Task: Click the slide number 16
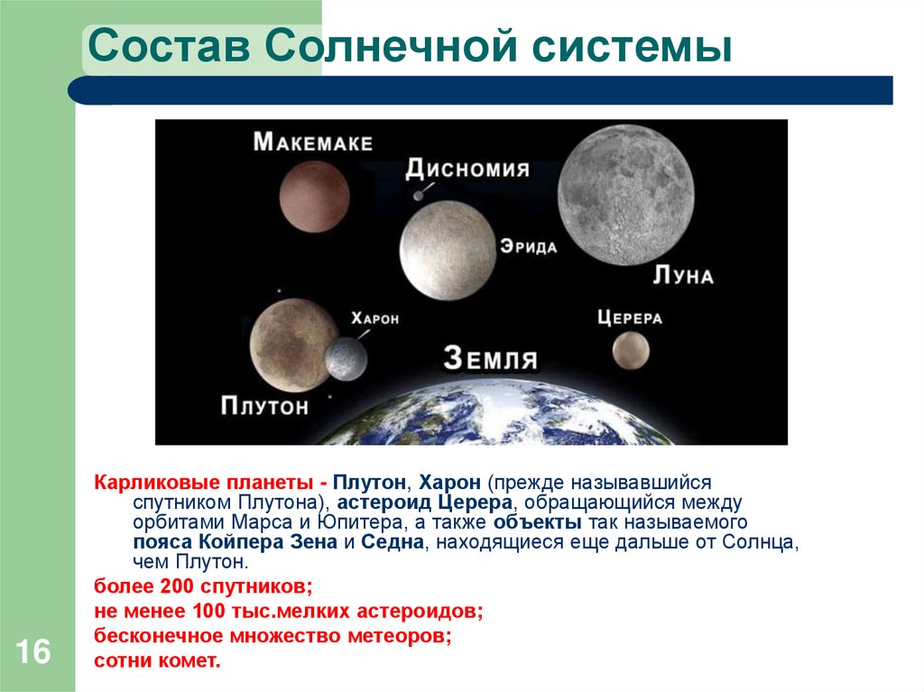click(32, 651)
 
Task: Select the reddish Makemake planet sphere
click(314, 196)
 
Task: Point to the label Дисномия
click(467, 169)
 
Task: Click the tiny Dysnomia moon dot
click(417, 195)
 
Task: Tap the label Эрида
click(528, 247)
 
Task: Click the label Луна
click(682, 275)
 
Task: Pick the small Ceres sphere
click(630, 351)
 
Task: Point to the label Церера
click(629, 318)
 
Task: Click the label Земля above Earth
click(491, 358)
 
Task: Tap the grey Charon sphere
click(346, 359)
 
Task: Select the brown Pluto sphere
click(288, 340)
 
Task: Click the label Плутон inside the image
click(264, 406)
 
